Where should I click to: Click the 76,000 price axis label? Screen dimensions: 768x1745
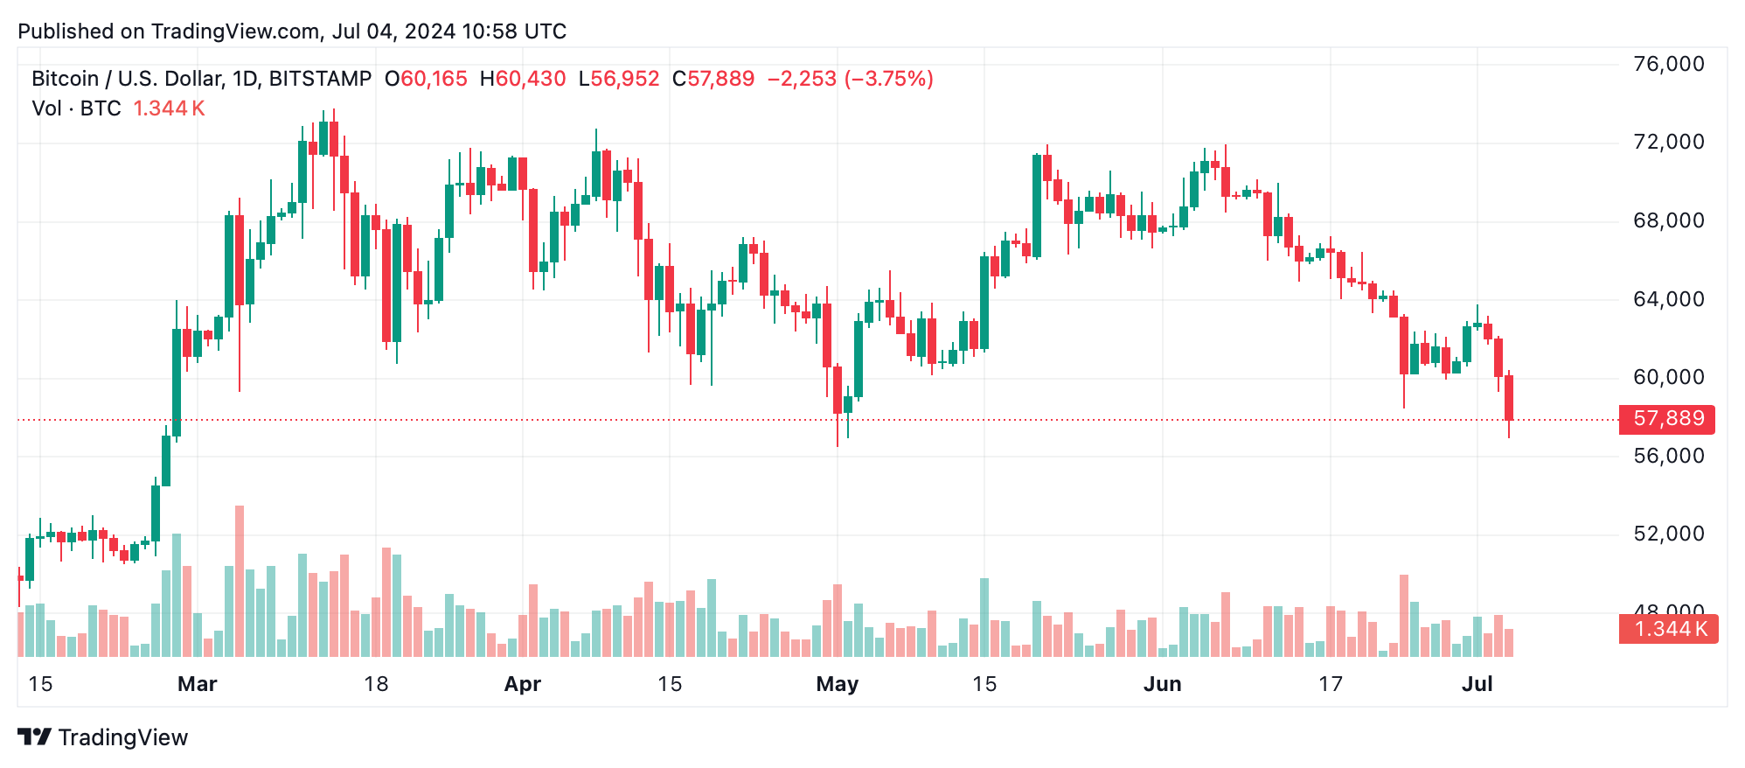(1668, 64)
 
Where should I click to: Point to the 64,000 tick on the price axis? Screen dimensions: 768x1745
(1668, 299)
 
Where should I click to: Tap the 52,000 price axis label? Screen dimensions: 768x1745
(1668, 534)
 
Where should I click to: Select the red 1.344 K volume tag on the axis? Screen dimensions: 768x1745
(1668, 629)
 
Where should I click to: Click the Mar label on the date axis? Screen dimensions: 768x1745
(197, 684)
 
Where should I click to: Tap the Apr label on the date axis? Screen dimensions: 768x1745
(523, 684)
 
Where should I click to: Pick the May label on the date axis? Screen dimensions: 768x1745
(837, 684)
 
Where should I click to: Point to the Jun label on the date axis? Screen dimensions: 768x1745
(1162, 684)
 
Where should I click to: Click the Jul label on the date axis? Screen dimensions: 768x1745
(1477, 684)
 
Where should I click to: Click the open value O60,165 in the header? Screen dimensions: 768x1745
(426, 79)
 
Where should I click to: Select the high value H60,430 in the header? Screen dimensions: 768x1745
(522, 79)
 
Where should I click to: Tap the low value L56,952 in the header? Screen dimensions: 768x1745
(618, 79)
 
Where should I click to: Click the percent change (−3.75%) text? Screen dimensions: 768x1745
(888, 79)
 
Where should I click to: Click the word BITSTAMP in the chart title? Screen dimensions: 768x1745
(320, 79)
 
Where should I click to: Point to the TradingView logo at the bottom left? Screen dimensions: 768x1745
(103, 737)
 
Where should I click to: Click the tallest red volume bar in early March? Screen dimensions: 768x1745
(240, 582)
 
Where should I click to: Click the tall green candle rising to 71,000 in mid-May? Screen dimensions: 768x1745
(1037, 206)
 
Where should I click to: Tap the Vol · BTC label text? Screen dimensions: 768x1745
(76, 108)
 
